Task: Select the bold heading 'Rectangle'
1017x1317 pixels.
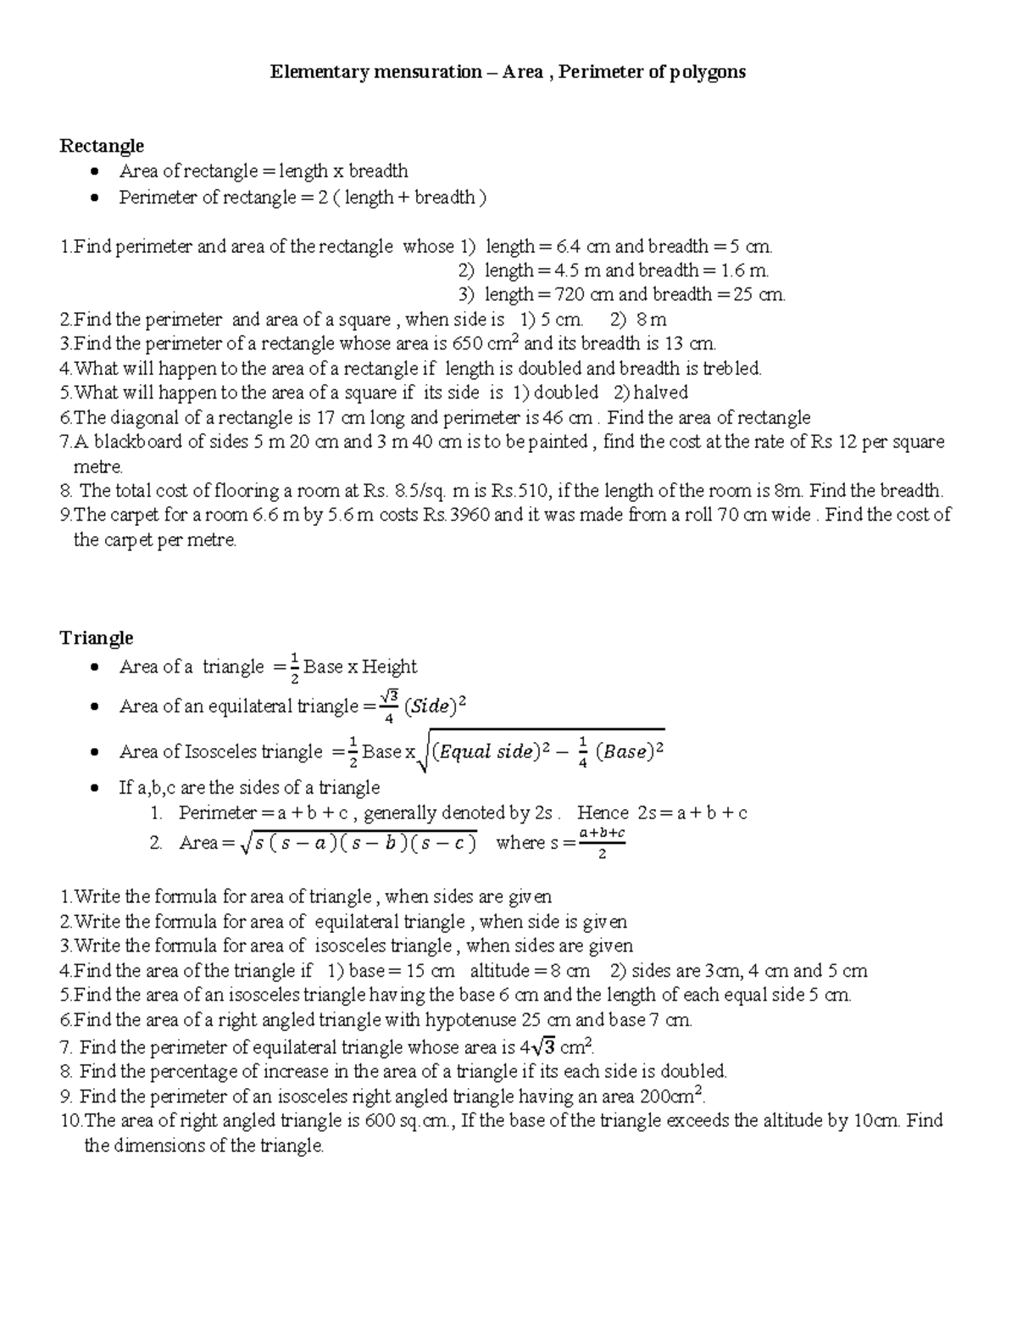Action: click(x=102, y=146)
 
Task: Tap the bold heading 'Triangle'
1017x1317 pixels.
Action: click(x=97, y=638)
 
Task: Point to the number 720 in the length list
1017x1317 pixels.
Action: click(x=570, y=295)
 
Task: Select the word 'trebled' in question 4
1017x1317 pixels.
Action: click(x=731, y=369)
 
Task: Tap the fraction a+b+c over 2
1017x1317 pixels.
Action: click(x=602, y=843)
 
